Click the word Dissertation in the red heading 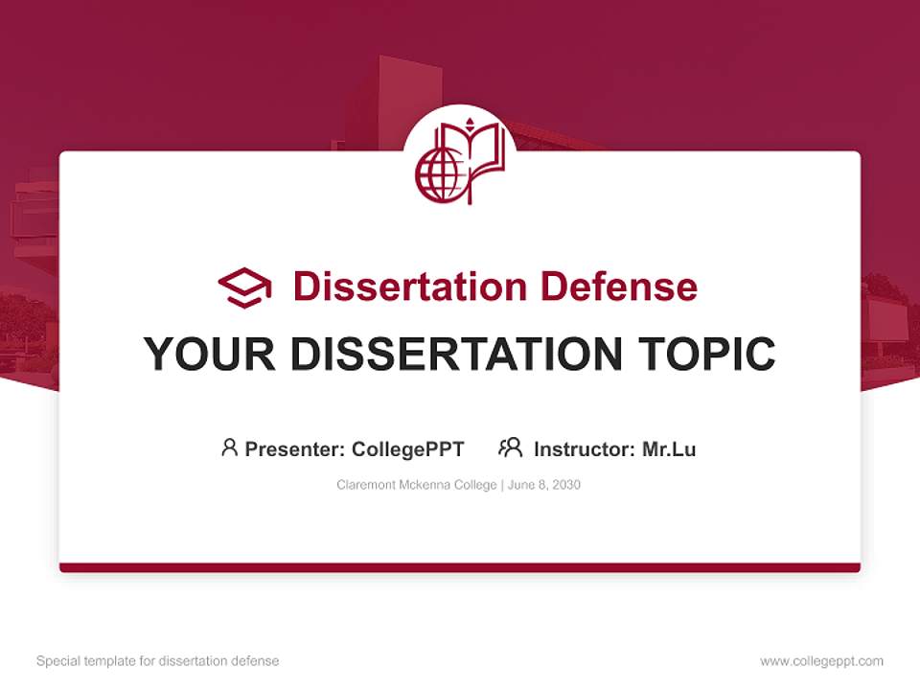[409, 287]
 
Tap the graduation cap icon [244, 287]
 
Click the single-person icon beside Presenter [229, 448]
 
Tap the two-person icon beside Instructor [511, 448]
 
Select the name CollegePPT [408, 448]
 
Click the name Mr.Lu [669, 448]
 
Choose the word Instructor [584, 448]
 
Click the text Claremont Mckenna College [415, 485]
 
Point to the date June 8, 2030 [544, 485]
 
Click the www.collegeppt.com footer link [821, 661]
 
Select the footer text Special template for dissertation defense [158, 661]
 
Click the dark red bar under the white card [460, 567]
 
